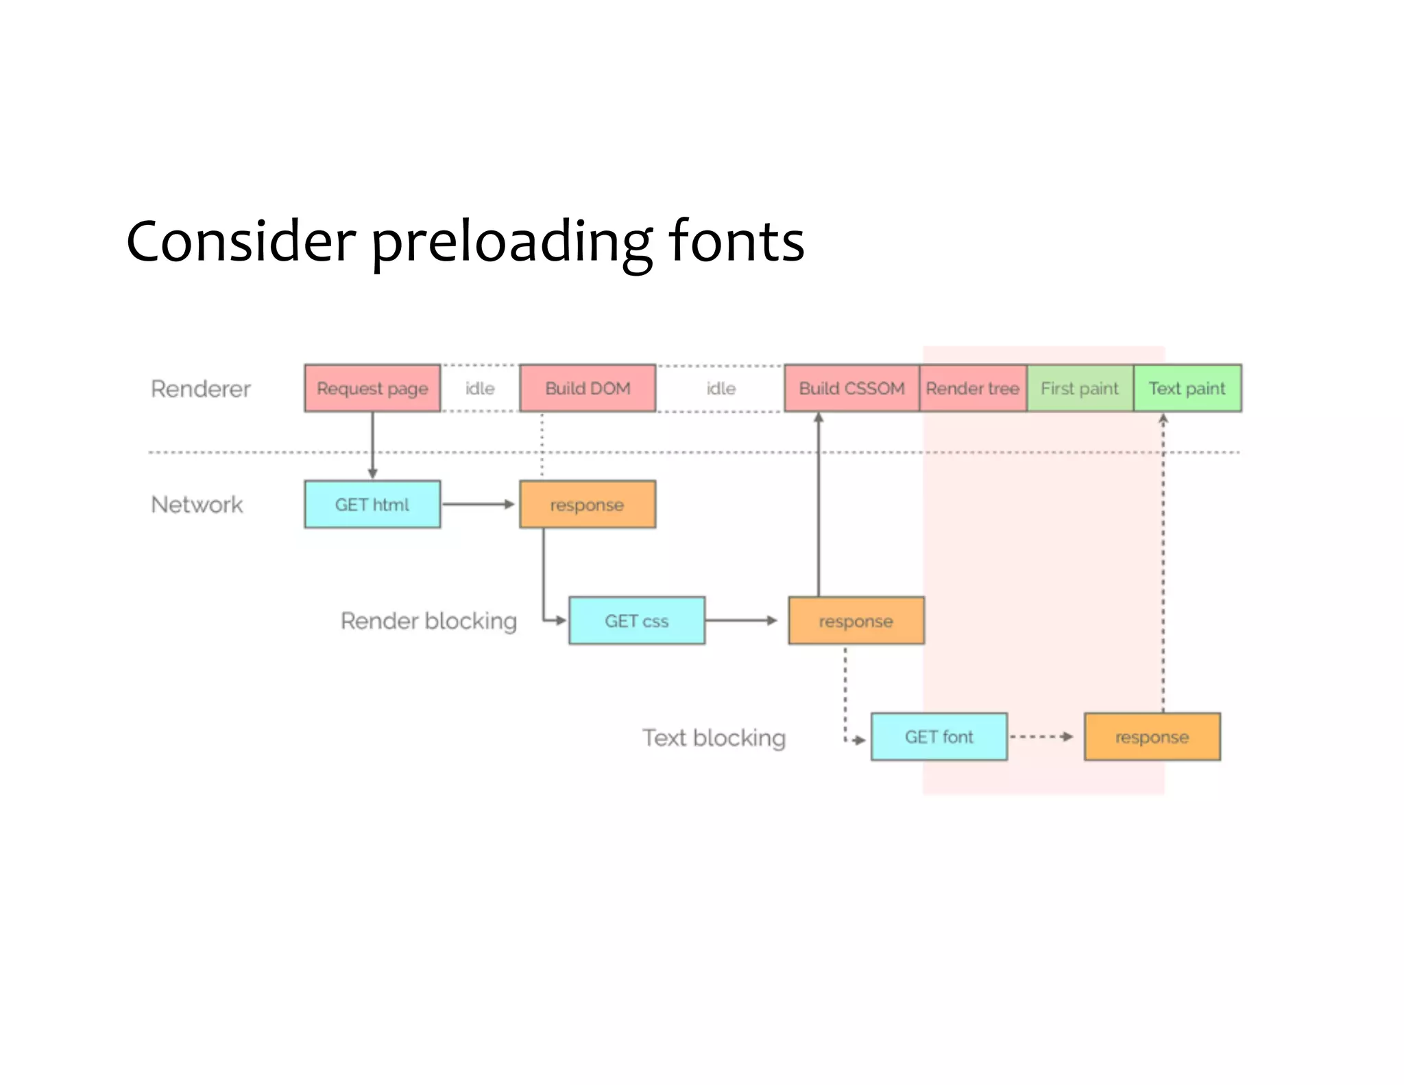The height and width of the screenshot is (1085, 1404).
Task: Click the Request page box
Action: click(x=372, y=388)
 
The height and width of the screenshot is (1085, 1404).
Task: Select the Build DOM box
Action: click(x=588, y=388)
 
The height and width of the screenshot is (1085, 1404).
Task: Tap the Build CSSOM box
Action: click(x=851, y=388)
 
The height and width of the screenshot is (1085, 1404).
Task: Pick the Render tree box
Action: click(x=973, y=388)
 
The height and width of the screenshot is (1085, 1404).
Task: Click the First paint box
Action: click(x=1080, y=388)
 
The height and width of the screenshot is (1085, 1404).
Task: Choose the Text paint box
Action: click(x=1187, y=388)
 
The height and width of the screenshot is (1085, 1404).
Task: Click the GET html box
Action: click(x=372, y=505)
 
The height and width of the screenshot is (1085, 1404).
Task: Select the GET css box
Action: click(x=637, y=621)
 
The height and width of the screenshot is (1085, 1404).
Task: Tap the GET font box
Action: click(x=939, y=737)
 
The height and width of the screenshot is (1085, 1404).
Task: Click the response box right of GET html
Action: click(x=588, y=505)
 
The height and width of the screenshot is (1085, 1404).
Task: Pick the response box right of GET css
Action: click(x=856, y=621)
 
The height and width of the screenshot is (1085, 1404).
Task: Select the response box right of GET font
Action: click(x=1152, y=737)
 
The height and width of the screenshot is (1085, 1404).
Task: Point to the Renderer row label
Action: click(x=201, y=389)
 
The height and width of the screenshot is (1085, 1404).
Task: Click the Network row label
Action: click(x=197, y=505)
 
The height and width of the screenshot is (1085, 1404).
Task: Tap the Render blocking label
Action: click(x=428, y=621)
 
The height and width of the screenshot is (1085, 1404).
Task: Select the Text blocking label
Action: click(x=714, y=738)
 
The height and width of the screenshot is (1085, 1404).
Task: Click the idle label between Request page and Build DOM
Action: click(x=480, y=389)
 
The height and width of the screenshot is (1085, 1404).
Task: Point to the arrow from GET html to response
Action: click(x=479, y=505)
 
